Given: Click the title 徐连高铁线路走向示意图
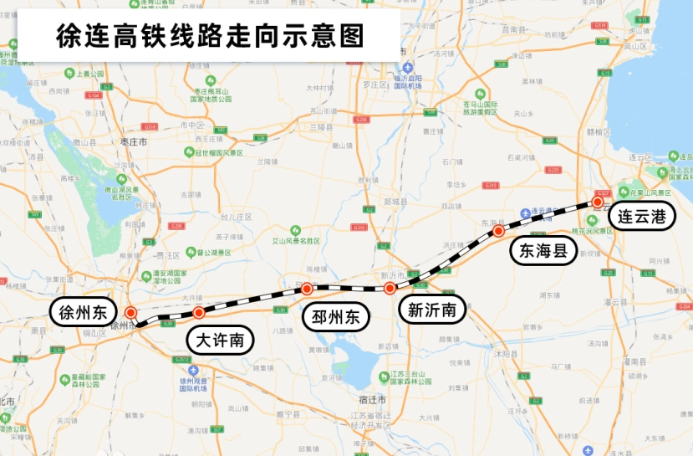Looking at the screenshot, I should [x=209, y=36].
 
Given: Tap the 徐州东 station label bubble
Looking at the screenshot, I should [x=83, y=312].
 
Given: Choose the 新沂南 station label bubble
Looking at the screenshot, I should [x=431, y=310].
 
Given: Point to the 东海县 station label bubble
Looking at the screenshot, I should [x=543, y=249].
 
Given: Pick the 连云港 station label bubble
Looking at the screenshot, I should [x=641, y=216].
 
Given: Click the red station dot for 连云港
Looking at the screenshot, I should [x=599, y=202].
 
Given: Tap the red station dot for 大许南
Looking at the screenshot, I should [x=199, y=313].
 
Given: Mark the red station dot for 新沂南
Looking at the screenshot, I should [x=390, y=289].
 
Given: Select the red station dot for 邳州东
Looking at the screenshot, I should [x=307, y=289].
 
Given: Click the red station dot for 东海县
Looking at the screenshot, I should [x=498, y=230].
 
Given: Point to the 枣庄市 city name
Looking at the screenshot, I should [x=134, y=143].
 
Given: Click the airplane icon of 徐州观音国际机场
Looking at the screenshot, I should [x=194, y=369].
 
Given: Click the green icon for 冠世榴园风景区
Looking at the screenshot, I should [x=190, y=152].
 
